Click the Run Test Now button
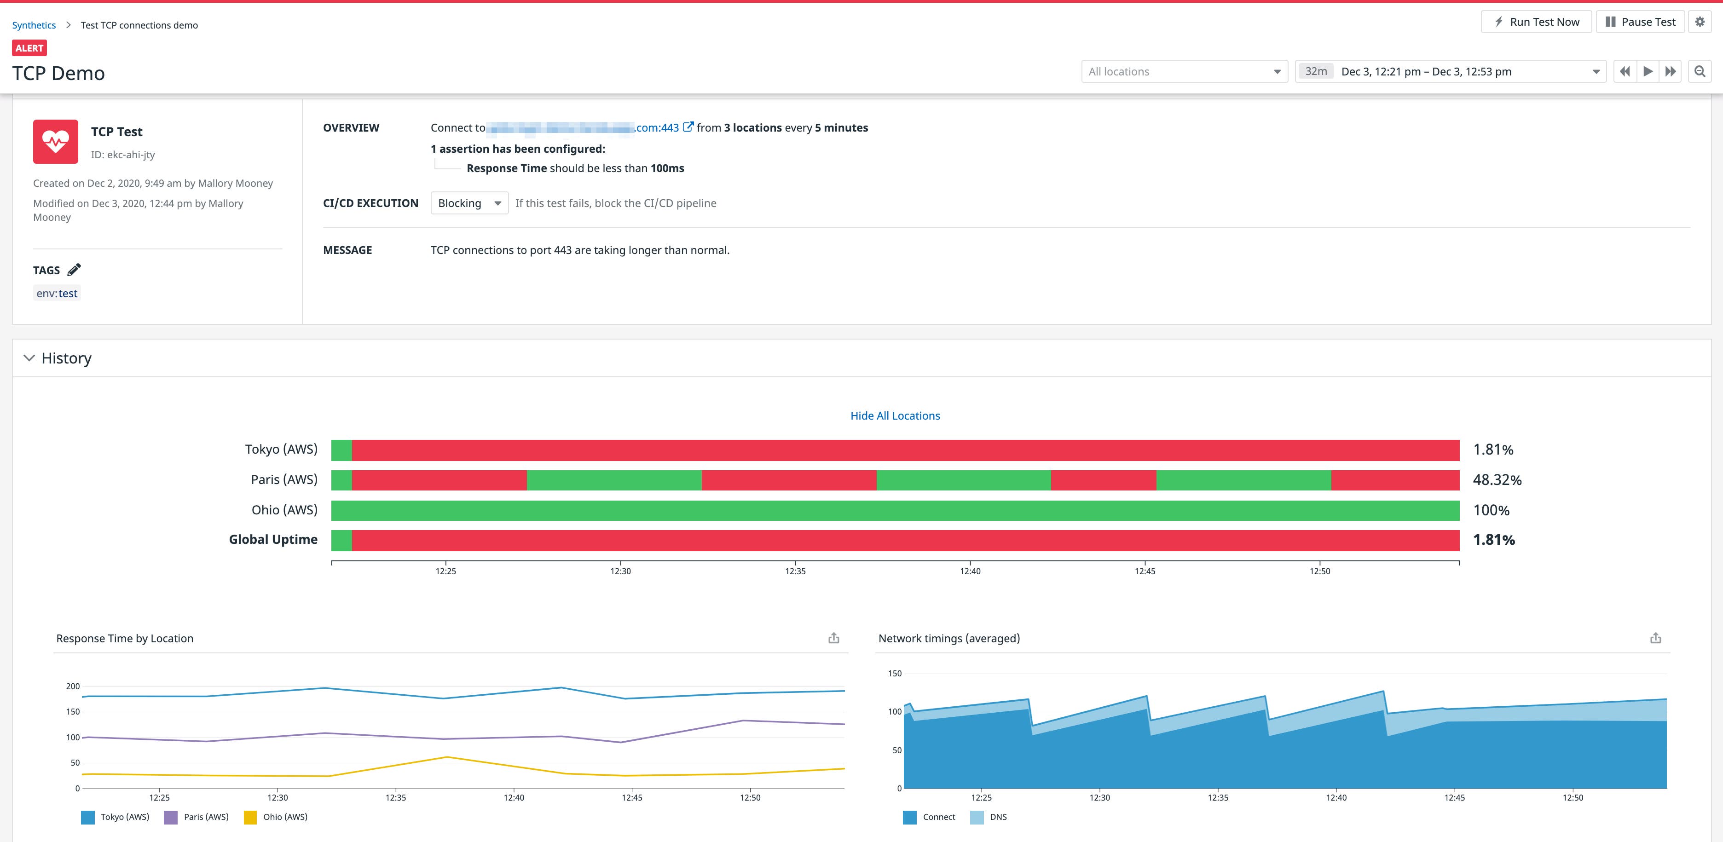tap(1536, 22)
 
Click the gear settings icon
tap(1700, 22)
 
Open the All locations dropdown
tap(1184, 72)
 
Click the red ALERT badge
tap(29, 48)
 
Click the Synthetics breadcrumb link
tap(34, 25)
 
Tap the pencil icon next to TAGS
tap(74, 270)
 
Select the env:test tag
tap(57, 294)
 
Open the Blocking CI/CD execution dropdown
tap(469, 203)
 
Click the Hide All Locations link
tap(895, 416)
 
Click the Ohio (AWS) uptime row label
tap(284, 510)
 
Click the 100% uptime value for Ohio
tap(1491, 510)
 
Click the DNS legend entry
tap(989, 817)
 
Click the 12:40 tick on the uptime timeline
tap(970, 571)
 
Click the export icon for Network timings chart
tap(1655, 638)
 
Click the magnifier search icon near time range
tap(1700, 72)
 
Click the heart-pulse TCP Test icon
tap(56, 142)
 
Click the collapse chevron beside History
tap(29, 358)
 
